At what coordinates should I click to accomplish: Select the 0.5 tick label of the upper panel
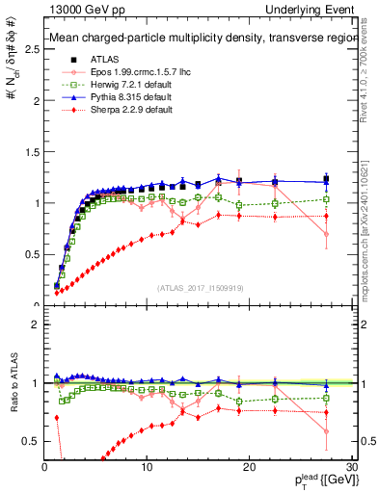(x=30, y=254)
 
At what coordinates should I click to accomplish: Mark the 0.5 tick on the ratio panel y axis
(x=30, y=441)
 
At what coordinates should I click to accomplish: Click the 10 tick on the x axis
(x=147, y=467)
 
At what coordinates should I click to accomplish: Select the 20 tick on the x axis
(x=249, y=467)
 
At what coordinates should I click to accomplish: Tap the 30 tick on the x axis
(x=351, y=467)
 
